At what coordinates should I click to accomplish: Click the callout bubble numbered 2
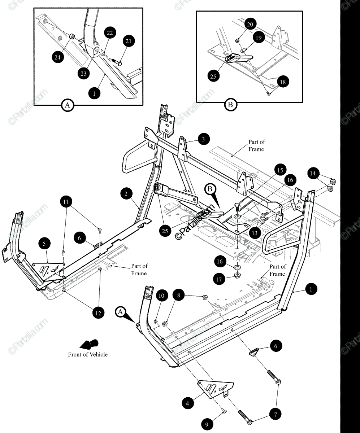(x=126, y=194)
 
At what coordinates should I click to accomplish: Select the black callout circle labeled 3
(x=204, y=139)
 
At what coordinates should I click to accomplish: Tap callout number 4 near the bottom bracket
(x=187, y=403)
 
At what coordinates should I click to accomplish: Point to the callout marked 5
(x=44, y=244)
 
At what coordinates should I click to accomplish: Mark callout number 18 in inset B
(x=282, y=82)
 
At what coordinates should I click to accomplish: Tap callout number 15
(x=280, y=169)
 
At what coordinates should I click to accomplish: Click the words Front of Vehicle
(x=88, y=354)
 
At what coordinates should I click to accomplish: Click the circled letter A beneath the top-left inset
(x=66, y=105)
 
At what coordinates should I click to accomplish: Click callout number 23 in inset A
(x=83, y=73)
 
